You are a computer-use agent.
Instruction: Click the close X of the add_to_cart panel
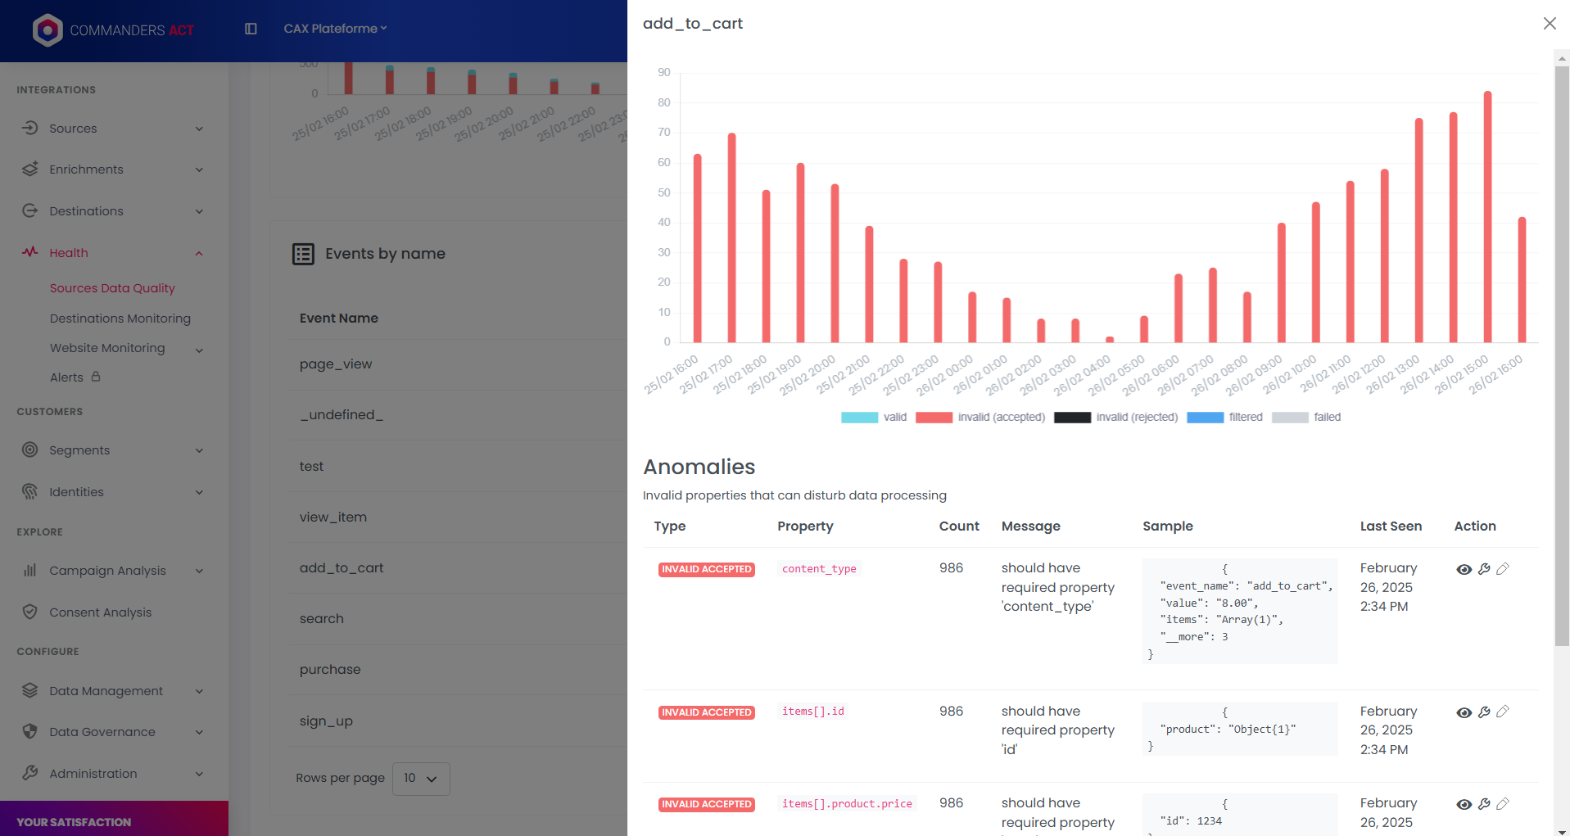(x=1550, y=24)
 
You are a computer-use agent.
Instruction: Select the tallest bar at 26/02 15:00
(x=1487, y=217)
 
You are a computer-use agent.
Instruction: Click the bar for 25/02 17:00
(x=731, y=237)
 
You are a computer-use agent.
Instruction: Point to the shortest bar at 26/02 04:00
(x=1110, y=339)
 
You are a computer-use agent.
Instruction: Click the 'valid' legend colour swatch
(x=859, y=418)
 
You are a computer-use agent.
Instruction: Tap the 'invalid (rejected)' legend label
(x=1137, y=418)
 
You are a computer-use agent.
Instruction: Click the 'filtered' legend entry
(x=1245, y=418)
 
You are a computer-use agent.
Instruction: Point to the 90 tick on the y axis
(x=663, y=73)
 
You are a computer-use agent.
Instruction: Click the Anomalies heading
(x=699, y=467)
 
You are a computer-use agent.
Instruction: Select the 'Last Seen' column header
(x=1391, y=526)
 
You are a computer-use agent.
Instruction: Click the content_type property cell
(x=819, y=569)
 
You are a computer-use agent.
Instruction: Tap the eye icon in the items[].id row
(x=1464, y=712)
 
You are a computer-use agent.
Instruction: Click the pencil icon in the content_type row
(x=1503, y=569)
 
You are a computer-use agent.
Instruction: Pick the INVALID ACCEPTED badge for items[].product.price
(x=706, y=804)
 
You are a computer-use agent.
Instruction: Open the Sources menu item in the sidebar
(x=73, y=129)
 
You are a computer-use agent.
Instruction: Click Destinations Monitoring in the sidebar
(x=120, y=319)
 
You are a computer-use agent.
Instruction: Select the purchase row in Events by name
(x=330, y=670)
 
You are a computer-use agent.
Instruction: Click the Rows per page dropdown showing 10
(x=421, y=779)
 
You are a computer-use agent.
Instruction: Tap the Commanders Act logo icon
(x=48, y=30)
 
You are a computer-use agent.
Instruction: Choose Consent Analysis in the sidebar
(x=100, y=612)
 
